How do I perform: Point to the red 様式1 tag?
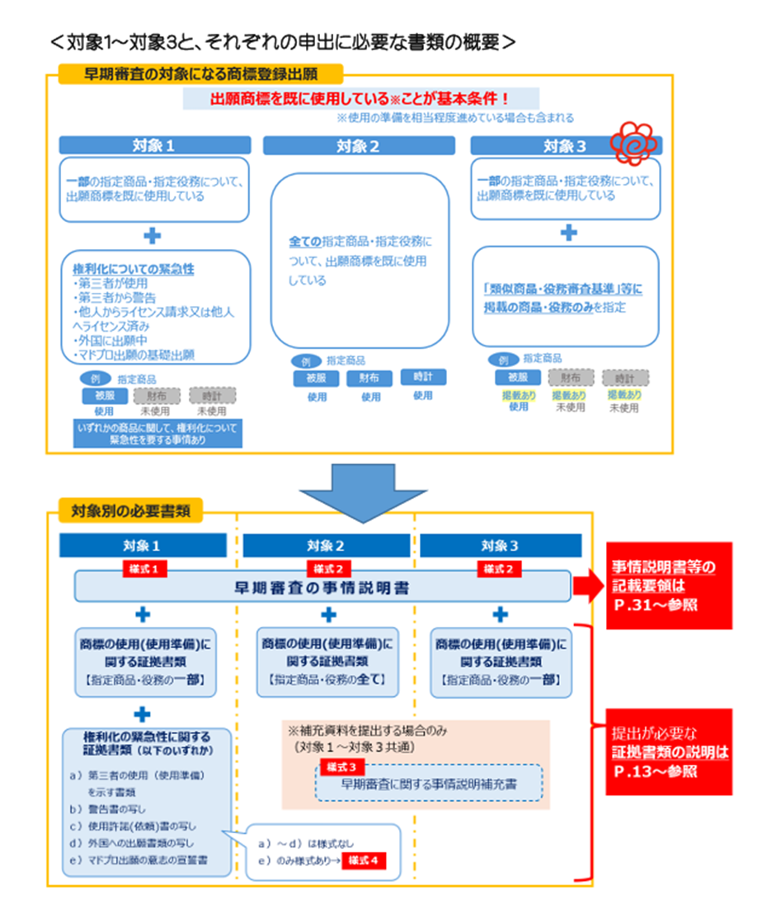(x=145, y=568)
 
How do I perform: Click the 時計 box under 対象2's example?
(x=423, y=376)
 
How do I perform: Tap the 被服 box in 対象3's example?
(x=517, y=377)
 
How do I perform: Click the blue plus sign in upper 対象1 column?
(x=153, y=236)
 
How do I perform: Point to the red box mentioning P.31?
(x=669, y=586)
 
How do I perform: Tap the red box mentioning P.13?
(x=669, y=751)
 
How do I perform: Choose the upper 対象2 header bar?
(x=358, y=145)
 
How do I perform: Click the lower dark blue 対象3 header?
(x=500, y=544)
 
